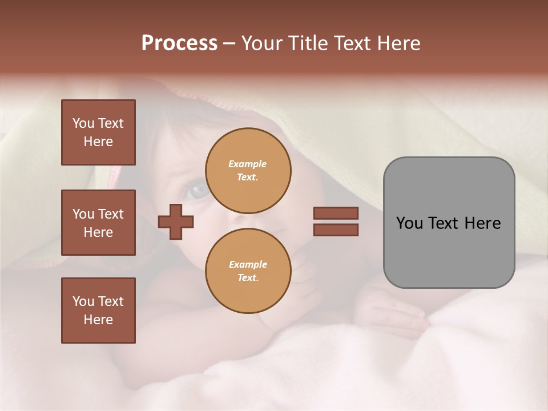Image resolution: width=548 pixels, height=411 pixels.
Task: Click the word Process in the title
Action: coord(179,43)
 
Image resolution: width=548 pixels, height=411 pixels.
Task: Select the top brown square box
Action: coord(98,132)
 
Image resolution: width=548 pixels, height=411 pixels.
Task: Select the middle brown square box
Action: coord(98,223)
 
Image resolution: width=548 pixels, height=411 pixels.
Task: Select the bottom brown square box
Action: coord(98,311)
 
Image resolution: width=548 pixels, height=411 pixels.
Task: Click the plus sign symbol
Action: coord(176,221)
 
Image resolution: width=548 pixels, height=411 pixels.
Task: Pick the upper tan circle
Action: coord(248,171)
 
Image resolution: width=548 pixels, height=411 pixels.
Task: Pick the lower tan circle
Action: coord(248,271)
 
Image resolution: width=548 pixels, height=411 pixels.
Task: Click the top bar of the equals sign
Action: coord(336,213)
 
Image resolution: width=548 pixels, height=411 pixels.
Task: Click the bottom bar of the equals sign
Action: coord(336,229)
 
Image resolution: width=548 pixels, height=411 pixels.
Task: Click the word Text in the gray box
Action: coord(449,223)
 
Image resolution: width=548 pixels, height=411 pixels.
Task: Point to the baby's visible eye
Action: coord(199,191)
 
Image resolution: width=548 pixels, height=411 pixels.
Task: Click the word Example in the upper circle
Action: coord(248,164)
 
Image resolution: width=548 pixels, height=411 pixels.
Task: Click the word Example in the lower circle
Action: coord(248,264)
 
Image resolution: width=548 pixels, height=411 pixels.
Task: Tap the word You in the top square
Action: coord(83,123)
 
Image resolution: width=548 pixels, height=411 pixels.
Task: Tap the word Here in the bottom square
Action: coord(98,320)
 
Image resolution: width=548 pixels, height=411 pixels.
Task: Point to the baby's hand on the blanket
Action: coord(394,311)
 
